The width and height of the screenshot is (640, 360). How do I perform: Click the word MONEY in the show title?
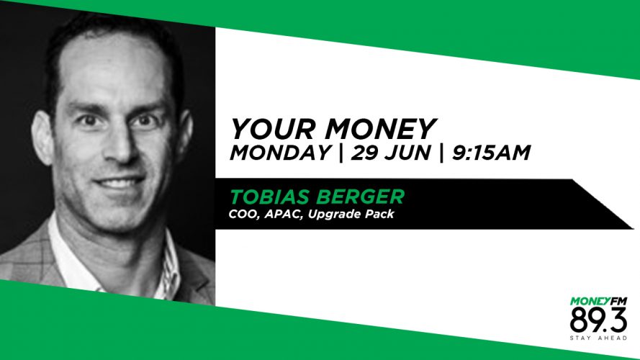click(x=381, y=129)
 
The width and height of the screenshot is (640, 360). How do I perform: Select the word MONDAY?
click(x=281, y=153)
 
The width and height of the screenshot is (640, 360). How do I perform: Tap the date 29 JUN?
click(x=391, y=153)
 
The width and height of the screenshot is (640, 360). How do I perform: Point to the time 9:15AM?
click(x=491, y=153)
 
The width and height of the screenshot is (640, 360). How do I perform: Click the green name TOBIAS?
click(x=270, y=197)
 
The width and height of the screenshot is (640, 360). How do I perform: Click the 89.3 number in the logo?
click(x=598, y=320)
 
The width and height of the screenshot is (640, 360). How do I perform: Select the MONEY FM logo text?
click(x=598, y=302)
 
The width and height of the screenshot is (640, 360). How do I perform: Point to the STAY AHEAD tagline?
click(x=598, y=338)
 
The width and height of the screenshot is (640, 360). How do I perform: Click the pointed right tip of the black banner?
click(x=633, y=228)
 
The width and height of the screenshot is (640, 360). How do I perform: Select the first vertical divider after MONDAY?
click(x=341, y=153)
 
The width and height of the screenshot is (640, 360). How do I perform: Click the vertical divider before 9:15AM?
click(x=441, y=153)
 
